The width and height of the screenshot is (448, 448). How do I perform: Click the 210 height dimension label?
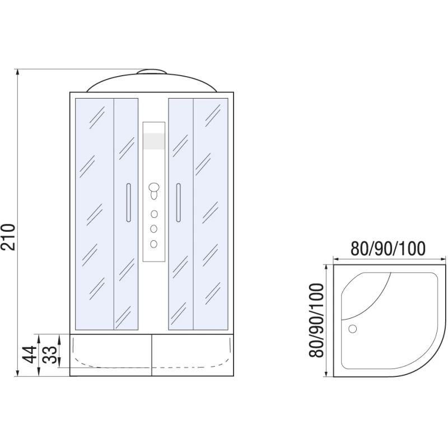[x=8, y=237]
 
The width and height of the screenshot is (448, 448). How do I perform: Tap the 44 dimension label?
[x=30, y=354]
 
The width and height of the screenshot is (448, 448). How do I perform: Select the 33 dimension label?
[x=50, y=354]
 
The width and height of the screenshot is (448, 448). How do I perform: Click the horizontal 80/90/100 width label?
[x=388, y=248]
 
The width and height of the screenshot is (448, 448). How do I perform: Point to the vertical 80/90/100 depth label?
[x=316, y=320]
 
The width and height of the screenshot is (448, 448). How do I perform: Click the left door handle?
[x=129, y=203]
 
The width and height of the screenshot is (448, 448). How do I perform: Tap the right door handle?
[x=178, y=203]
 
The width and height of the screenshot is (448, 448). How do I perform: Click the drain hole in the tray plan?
[x=353, y=329]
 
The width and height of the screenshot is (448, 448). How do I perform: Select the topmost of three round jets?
[x=154, y=214]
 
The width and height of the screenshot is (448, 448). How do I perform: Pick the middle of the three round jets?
[x=153, y=229]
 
